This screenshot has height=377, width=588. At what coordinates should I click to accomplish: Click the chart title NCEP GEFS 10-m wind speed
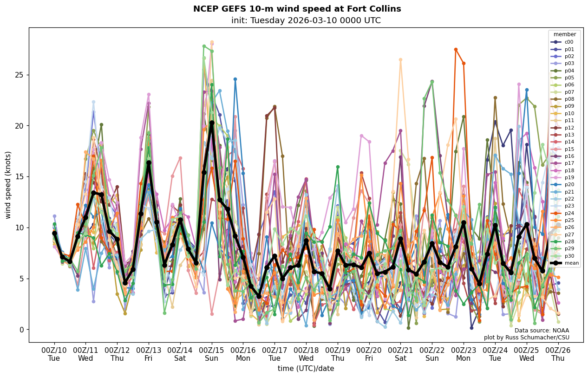click(297, 9)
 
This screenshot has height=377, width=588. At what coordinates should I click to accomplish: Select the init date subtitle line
click(306, 20)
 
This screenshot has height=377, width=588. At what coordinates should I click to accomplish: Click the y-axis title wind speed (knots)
click(8, 185)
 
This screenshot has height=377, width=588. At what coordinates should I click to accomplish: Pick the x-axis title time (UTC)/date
click(306, 368)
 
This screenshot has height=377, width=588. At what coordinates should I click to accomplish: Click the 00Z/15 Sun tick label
click(212, 354)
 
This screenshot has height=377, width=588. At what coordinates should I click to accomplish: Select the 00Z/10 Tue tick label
click(54, 354)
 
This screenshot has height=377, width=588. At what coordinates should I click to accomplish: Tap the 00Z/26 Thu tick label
click(558, 354)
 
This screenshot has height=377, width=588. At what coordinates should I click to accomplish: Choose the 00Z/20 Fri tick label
click(369, 354)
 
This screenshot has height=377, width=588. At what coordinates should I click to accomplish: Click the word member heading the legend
click(564, 34)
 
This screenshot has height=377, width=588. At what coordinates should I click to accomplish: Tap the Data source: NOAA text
click(542, 331)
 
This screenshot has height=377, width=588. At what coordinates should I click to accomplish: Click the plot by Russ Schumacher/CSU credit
click(526, 338)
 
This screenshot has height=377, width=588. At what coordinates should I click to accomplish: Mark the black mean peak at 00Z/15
click(212, 123)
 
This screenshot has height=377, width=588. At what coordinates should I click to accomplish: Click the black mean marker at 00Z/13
click(149, 162)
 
